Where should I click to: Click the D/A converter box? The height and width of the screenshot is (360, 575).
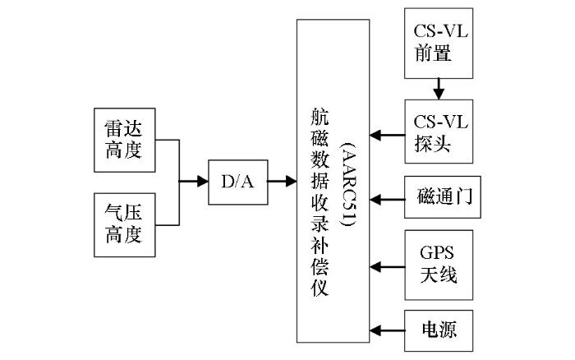pos(238,182)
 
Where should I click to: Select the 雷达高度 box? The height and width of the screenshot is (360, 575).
pos(125,140)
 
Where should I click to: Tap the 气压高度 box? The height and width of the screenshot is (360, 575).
pos(125,225)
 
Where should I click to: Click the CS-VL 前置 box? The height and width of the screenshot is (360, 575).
pos(439,44)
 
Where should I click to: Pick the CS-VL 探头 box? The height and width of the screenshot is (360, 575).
pos(439,132)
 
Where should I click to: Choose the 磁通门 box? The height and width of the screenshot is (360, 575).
pos(443,197)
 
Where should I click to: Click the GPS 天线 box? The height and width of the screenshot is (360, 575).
pos(439,265)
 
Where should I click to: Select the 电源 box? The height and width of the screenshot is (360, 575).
pos(439,330)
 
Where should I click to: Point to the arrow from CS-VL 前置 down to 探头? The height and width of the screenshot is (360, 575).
pos(439,89)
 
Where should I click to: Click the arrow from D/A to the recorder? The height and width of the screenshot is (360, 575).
pos(282,181)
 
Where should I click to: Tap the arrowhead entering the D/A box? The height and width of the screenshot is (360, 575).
pos(203,181)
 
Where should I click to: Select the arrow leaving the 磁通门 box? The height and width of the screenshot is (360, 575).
pos(387,200)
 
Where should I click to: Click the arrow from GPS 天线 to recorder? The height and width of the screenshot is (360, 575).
pos(387,267)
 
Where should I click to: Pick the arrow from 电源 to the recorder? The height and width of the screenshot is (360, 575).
pos(387,330)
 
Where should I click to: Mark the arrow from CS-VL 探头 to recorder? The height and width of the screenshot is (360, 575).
pos(387,135)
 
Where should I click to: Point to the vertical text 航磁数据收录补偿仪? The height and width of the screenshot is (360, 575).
pos(320,202)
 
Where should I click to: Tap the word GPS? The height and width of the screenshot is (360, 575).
pos(437,252)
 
